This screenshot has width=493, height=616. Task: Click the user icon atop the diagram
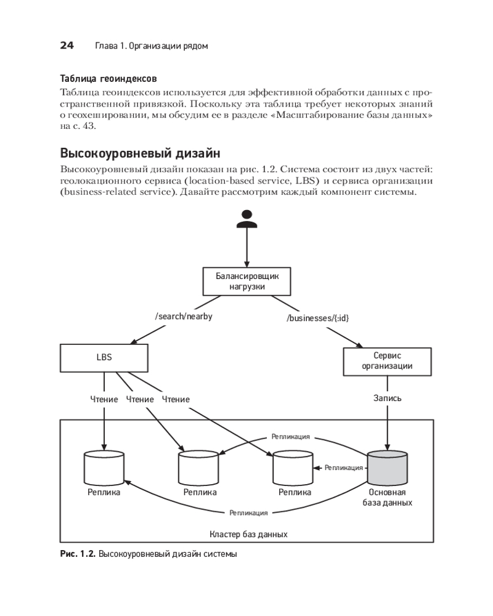pos(246,220)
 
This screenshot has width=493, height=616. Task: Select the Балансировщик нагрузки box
pos(246,282)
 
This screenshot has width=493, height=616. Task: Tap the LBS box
pos(104,357)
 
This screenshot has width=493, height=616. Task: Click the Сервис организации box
pos(387,361)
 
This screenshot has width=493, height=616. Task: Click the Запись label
pos(387,398)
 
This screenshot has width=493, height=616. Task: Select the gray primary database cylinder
pos(387,468)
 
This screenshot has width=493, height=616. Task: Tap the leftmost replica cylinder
pos(104,468)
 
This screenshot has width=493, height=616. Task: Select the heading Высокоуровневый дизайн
pos(140,153)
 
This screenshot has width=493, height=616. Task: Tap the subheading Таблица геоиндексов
pos(108,79)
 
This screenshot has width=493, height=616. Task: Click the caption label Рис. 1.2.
pos(77,554)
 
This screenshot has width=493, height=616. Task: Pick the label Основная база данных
pos(387,497)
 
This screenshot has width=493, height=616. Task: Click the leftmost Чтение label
pos(104,399)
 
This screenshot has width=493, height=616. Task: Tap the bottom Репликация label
pos(248,513)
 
